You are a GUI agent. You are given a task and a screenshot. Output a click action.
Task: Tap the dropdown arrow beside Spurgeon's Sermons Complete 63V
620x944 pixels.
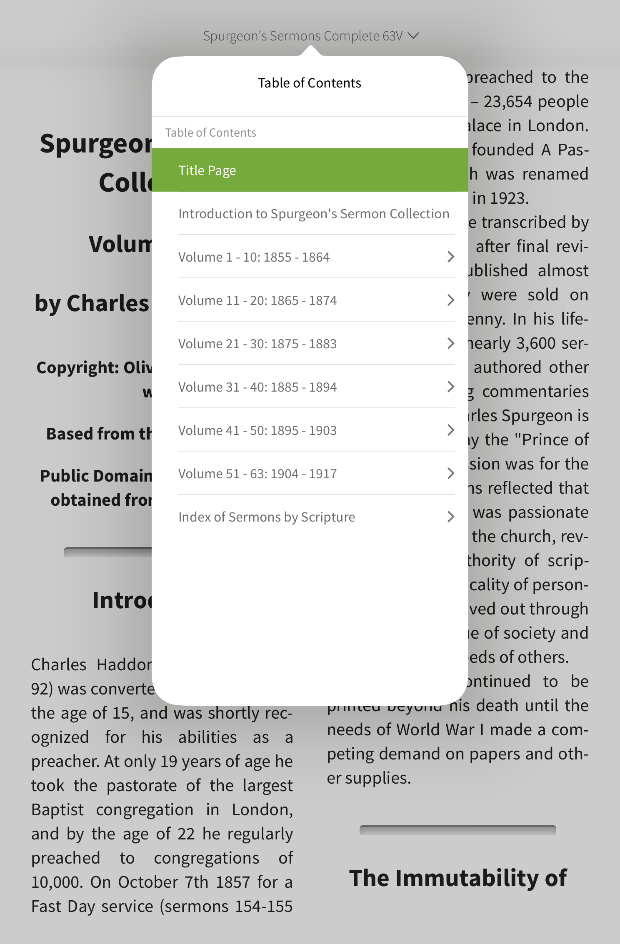click(x=413, y=36)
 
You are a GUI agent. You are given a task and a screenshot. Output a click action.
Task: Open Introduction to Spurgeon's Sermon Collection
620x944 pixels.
click(x=313, y=214)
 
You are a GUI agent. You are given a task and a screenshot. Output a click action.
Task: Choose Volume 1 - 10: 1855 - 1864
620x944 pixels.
click(x=254, y=257)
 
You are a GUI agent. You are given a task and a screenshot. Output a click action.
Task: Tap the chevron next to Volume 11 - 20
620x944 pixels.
click(x=450, y=300)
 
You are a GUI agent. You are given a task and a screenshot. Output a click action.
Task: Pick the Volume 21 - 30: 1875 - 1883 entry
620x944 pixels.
click(x=257, y=344)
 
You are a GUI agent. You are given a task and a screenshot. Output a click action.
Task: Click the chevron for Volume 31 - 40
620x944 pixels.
click(x=450, y=387)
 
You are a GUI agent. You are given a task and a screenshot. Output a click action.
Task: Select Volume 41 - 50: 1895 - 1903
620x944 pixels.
click(x=257, y=430)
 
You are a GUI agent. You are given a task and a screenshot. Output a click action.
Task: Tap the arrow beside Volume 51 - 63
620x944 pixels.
click(x=450, y=473)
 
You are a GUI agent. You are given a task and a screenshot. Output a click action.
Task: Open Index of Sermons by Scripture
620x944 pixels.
click(x=267, y=517)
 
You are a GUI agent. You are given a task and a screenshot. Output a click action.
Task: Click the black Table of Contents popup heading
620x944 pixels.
click(x=309, y=83)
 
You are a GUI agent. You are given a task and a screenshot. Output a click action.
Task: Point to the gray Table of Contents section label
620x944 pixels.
click(x=210, y=132)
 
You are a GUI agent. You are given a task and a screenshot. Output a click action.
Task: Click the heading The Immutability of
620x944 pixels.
click(x=457, y=878)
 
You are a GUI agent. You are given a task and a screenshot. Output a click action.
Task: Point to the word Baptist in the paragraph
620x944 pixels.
click(x=57, y=810)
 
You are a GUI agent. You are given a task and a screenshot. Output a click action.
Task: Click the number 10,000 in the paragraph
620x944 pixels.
click(x=57, y=882)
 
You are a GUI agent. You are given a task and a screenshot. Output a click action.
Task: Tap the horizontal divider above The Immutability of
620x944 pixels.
click(x=457, y=830)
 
